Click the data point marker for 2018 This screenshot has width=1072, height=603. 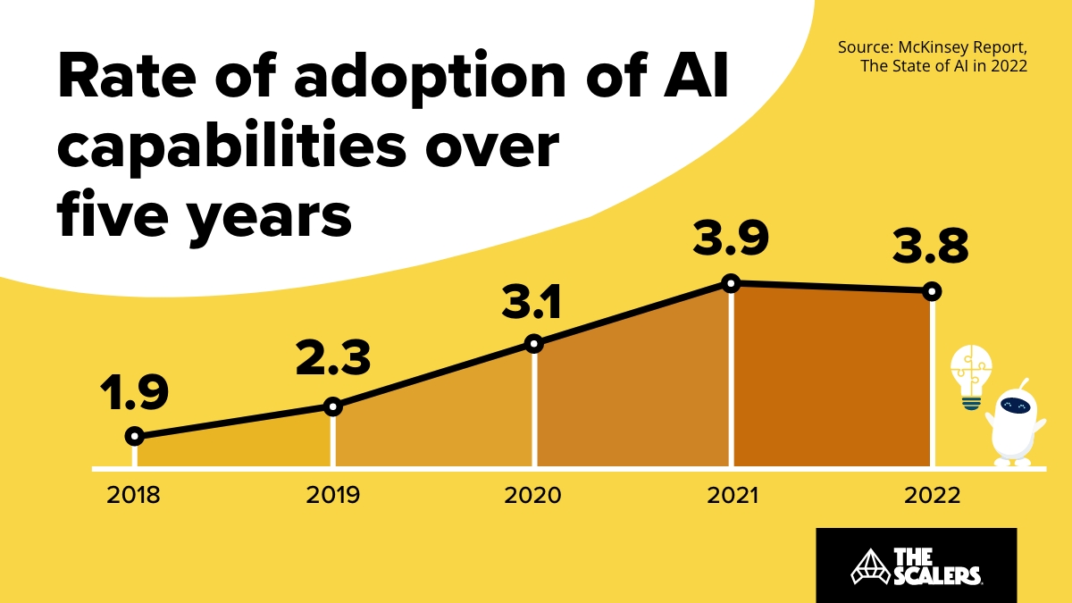coord(134,436)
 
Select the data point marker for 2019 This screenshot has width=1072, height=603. coord(332,406)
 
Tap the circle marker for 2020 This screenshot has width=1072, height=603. coord(533,344)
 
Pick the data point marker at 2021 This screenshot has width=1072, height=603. coord(731,283)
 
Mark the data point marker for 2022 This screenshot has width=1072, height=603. coord(932,291)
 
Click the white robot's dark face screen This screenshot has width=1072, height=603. coord(1017,406)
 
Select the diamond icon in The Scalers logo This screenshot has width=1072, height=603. coord(865,565)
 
